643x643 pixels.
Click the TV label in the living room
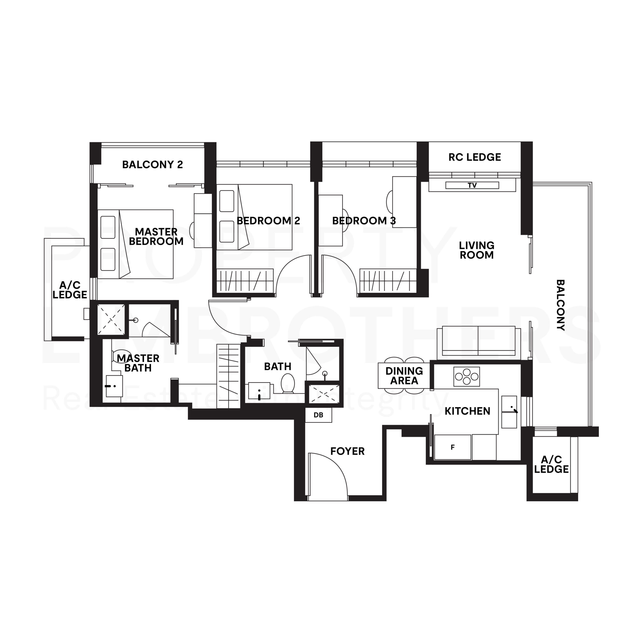[472, 185]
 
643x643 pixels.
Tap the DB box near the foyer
[318, 415]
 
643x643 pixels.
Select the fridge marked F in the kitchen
[452, 447]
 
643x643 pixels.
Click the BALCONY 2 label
[152, 165]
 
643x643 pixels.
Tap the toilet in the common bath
[288, 383]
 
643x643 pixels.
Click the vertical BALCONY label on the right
[560, 305]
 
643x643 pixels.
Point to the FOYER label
[347, 451]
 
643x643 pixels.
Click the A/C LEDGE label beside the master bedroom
[70, 290]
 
